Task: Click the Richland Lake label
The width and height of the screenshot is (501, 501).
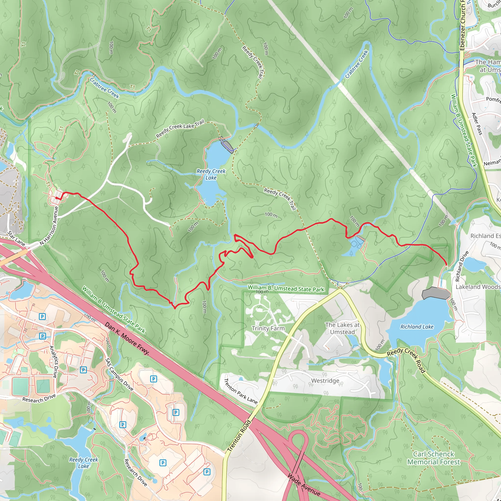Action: click(x=417, y=327)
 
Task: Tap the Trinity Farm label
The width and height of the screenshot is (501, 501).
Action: click(x=268, y=328)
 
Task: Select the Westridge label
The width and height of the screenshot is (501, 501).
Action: click(x=325, y=381)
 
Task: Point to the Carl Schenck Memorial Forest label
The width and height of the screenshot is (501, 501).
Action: click(x=433, y=458)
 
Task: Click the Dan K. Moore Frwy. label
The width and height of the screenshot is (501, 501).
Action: click(x=127, y=338)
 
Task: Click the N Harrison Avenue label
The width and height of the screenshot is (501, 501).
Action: click(x=49, y=226)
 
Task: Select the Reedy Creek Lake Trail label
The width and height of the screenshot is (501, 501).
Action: click(x=180, y=128)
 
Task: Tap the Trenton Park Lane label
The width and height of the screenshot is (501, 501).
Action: click(x=240, y=391)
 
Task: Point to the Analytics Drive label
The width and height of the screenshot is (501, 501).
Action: click(x=53, y=362)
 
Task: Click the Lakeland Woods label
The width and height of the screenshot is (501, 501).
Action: click(x=478, y=287)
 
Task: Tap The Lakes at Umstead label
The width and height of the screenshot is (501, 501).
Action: click(x=342, y=328)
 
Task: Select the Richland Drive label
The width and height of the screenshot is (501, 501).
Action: click(x=462, y=266)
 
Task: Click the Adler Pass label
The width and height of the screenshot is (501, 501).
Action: click(x=477, y=124)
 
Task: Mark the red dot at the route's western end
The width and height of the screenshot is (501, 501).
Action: click(x=57, y=198)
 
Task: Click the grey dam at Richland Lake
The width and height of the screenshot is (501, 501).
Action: click(x=436, y=293)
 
